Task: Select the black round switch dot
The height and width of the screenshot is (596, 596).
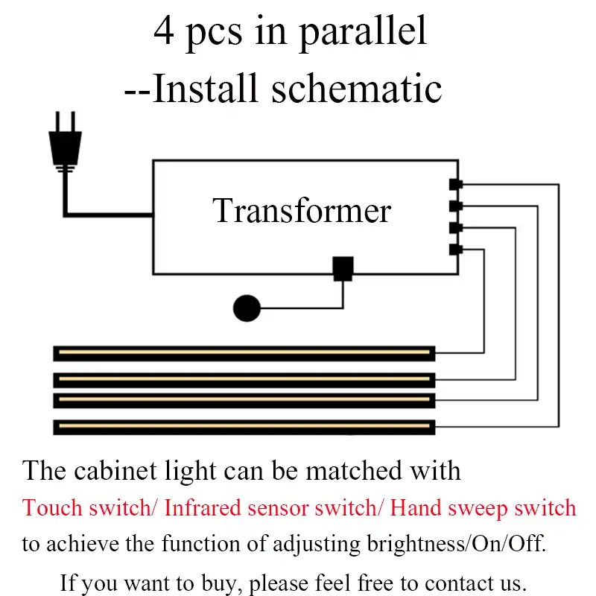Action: click(246, 308)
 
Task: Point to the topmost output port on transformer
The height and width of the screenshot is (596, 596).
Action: click(456, 184)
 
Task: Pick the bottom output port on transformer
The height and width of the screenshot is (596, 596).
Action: click(456, 250)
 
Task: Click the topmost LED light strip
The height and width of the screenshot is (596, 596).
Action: click(244, 353)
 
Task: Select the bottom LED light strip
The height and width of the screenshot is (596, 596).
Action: click(244, 427)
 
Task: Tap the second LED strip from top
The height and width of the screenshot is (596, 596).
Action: click(244, 380)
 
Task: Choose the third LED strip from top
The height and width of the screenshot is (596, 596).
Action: click(244, 401)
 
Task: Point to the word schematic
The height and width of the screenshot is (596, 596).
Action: click(357, 89)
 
